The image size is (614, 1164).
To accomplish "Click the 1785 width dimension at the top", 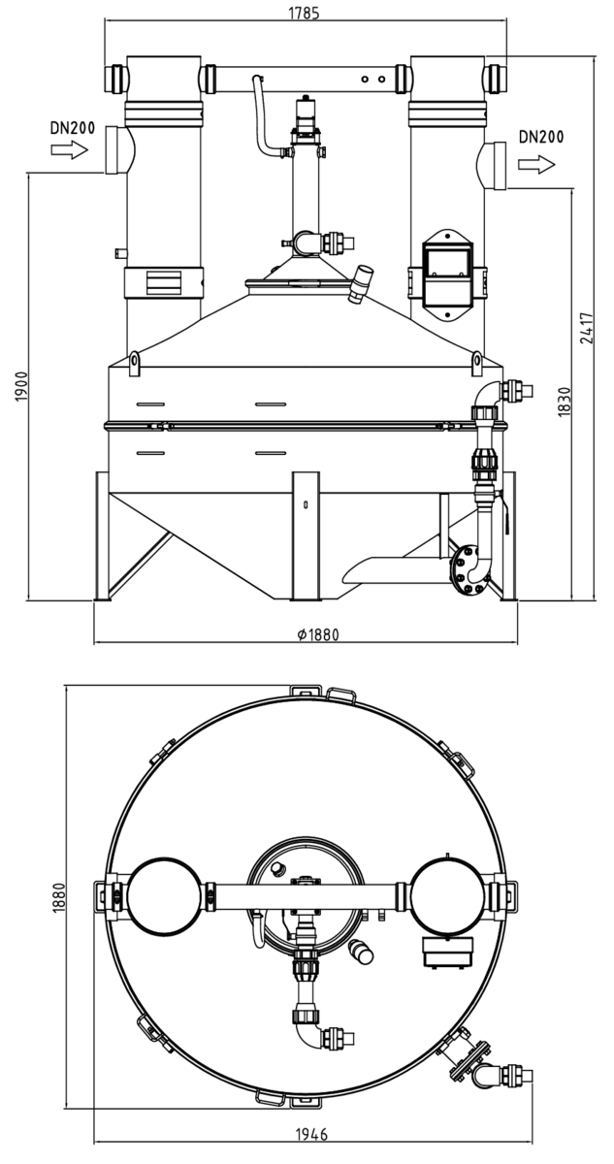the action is click(304, 13).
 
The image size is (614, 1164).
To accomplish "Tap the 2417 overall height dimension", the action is click(587, 328).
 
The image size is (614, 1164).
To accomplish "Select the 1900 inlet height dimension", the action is click(20, 387).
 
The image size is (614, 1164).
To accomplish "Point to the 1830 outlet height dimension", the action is click(565, 402).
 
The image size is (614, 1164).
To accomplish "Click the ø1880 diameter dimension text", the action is click(317, 634).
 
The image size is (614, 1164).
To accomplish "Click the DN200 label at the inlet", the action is click(73, 128).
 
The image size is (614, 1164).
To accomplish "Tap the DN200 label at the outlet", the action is click(540, 137).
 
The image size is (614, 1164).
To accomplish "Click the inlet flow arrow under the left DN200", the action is click(70, 150).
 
